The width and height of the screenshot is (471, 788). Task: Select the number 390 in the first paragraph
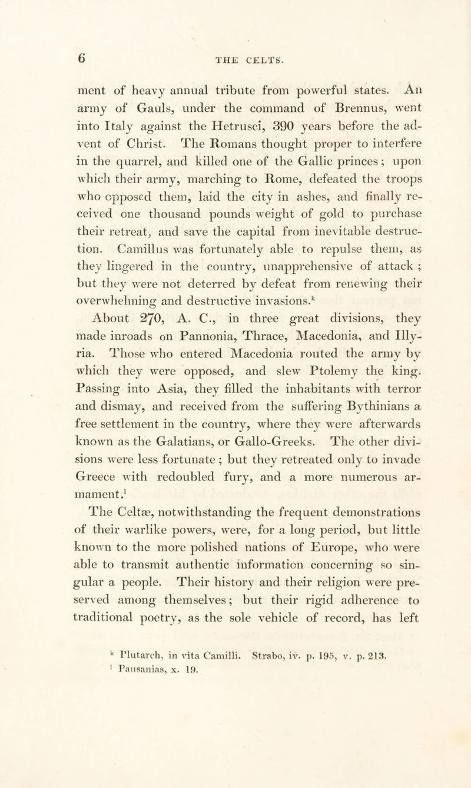click(247, 124)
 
